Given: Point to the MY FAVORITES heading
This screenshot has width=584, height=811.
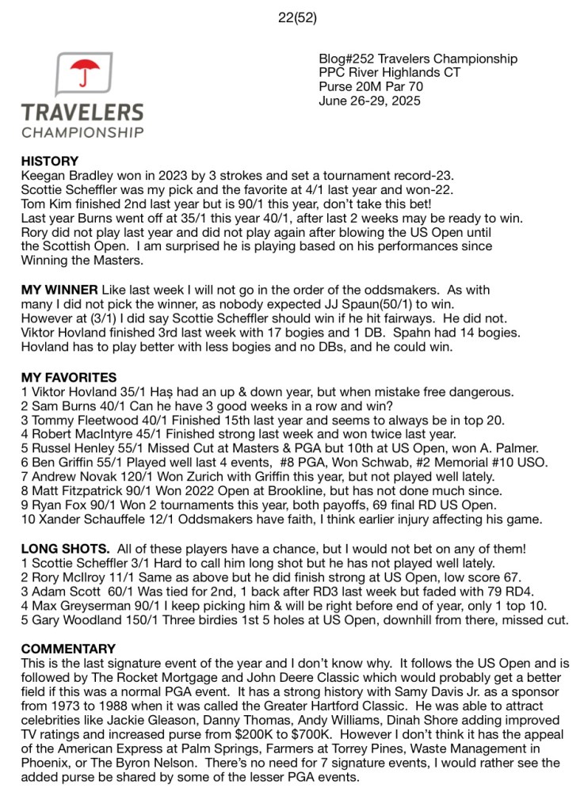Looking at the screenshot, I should [69, 377].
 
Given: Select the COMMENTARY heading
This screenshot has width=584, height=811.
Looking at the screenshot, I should [68, 648].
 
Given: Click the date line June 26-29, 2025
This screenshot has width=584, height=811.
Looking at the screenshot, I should [368, 101].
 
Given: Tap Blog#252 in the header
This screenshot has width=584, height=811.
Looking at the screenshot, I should [346, 59].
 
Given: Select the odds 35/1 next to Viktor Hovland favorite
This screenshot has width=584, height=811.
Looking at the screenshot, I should [132, 391].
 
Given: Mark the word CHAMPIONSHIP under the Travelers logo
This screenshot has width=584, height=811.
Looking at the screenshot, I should [82, 131].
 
